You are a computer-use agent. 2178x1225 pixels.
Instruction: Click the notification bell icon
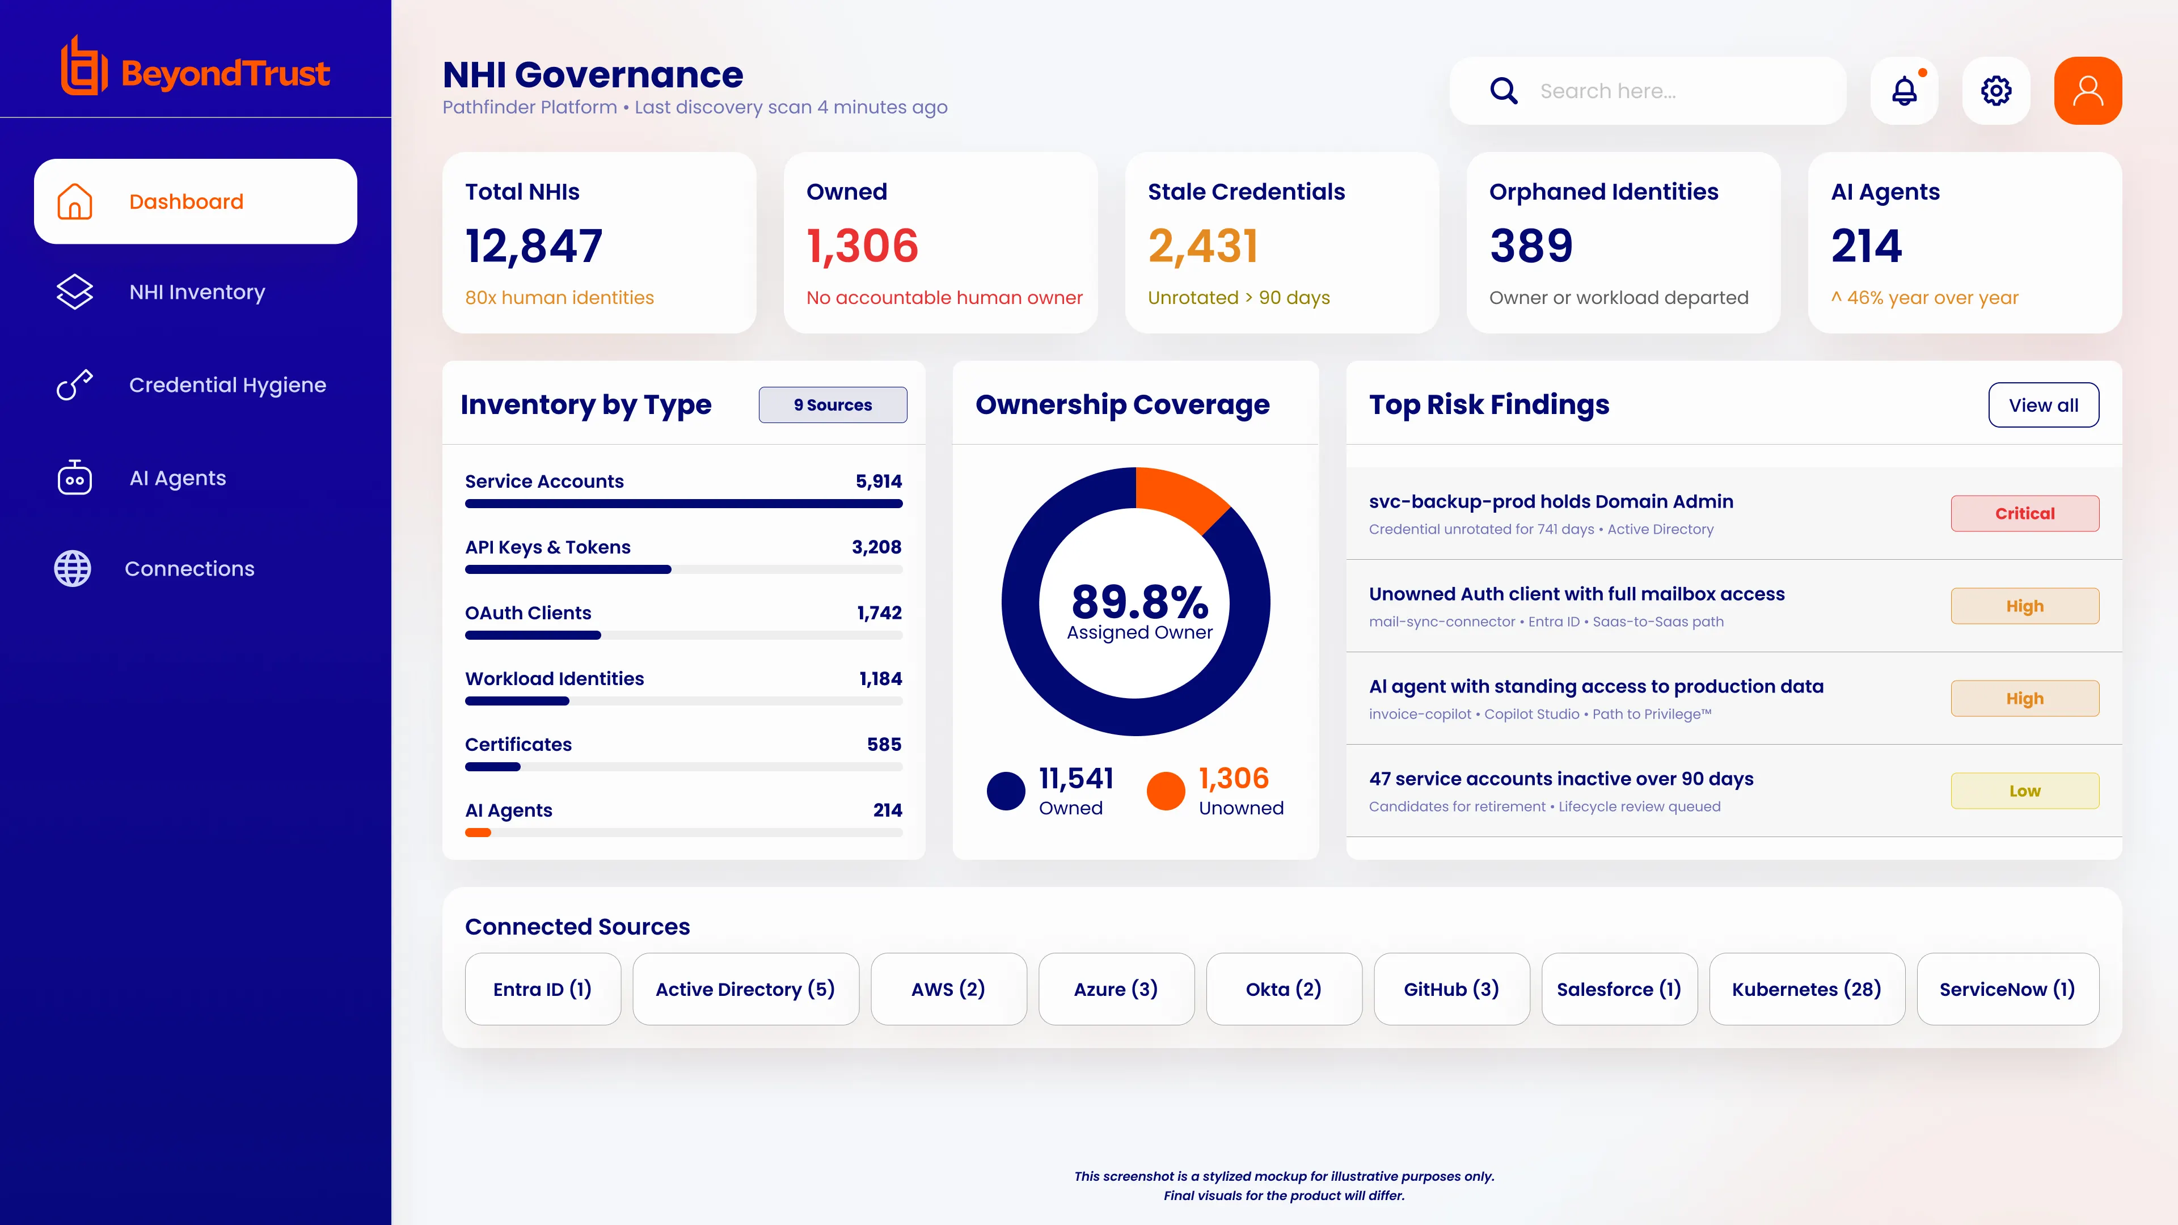pos(1904,91)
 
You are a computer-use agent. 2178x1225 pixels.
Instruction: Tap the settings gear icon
pos(1996,91)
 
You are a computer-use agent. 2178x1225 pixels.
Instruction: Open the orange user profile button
pos(2087,91)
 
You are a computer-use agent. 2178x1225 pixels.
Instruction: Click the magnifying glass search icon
pos(1503,91)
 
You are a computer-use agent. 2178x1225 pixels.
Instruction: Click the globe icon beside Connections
pos(73,568)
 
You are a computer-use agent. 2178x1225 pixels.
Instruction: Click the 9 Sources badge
pos(833,405)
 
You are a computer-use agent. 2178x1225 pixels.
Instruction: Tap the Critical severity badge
pos(2024,513)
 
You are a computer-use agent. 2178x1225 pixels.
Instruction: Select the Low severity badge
pos(2024,791)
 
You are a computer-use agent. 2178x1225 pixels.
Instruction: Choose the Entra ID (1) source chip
pos(543,989)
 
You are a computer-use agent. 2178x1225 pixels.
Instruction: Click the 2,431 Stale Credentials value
pos(1203,246)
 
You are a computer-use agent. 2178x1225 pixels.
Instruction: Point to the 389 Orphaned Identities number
pos(1531,246)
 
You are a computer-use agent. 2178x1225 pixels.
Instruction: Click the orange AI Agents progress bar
pos(478,833)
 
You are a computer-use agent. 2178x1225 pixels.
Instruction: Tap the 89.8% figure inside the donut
pos(1139,601)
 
